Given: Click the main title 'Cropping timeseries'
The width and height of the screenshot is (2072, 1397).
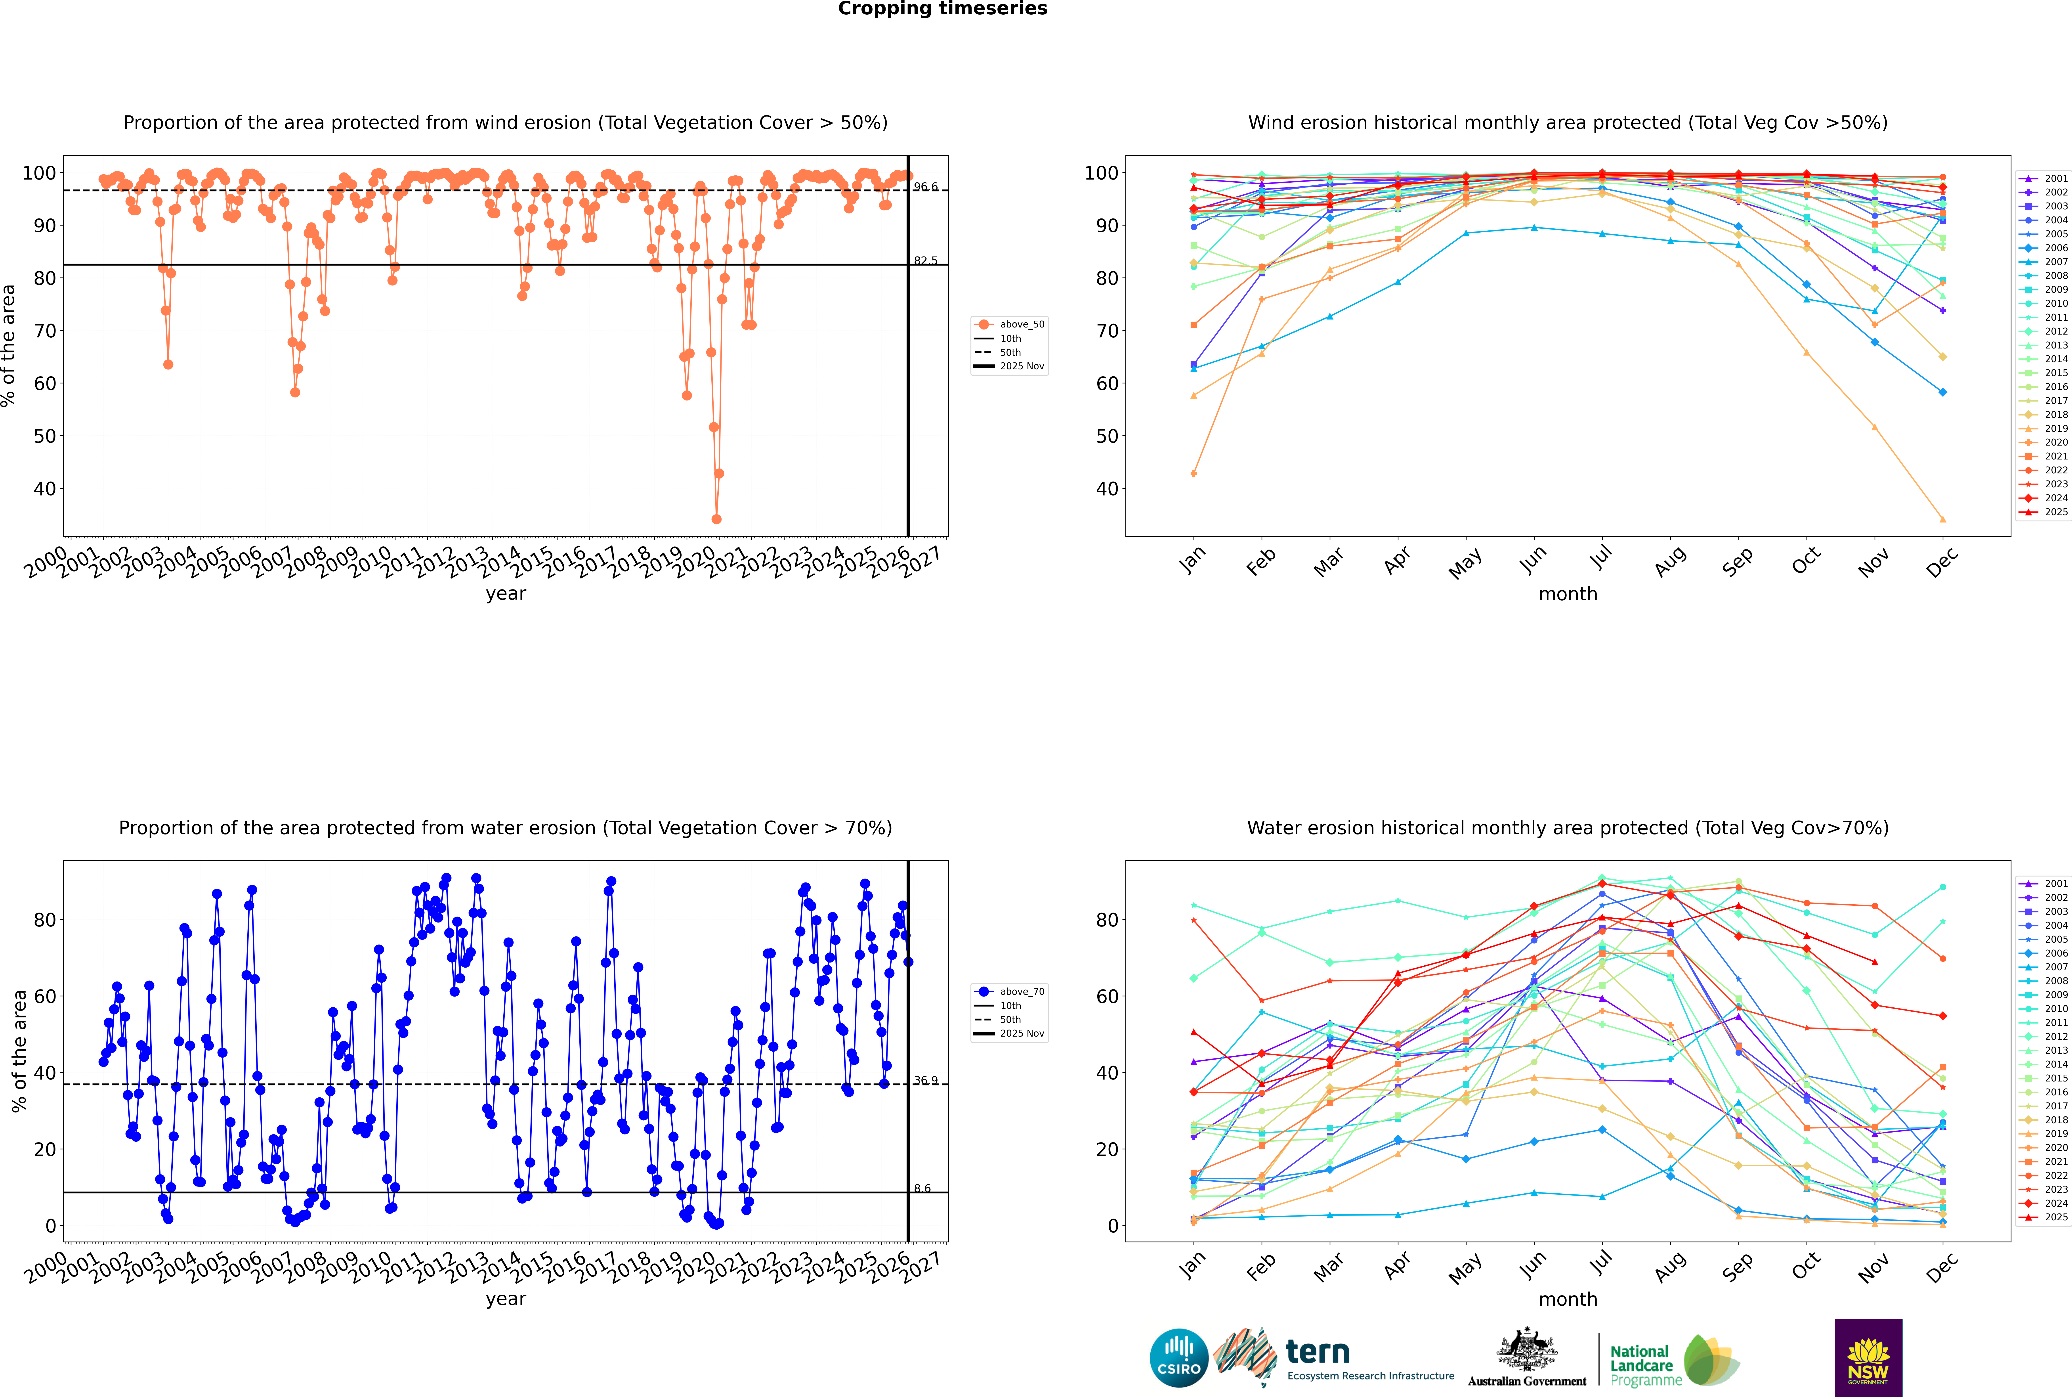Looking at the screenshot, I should tap(942, 9).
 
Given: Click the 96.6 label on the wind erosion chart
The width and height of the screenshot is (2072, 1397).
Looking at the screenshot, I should tap(926, 187).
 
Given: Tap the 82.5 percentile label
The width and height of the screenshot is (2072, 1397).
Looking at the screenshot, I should tap(926, 261).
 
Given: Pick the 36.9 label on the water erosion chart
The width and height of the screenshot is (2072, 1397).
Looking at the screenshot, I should tap(926, 1081).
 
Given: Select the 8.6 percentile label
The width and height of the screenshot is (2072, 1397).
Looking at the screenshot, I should tap(922, 1188).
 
